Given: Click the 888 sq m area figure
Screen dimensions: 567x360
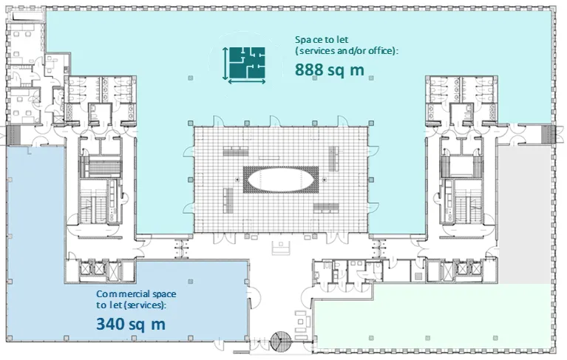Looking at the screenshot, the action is tap(330, 69).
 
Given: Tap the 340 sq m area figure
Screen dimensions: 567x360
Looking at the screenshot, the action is tap(131, 324).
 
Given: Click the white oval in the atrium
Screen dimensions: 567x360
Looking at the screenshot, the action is tap(281, 180).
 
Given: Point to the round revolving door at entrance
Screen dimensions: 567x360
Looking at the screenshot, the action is tap(281, 342).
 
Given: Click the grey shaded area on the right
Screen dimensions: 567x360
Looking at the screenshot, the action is tap(525, 214).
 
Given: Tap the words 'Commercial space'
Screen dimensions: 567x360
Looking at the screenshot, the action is tap(136, 294).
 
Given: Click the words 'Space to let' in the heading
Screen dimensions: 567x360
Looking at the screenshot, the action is tap(322, 39).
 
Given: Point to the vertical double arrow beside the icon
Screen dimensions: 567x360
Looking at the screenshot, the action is tap(225, 64).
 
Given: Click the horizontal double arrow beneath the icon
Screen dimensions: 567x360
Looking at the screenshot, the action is tap(247, 82).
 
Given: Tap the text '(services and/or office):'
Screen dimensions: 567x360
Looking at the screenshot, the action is tap(347, 51).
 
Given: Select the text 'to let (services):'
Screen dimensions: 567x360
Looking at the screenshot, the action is tap(132, 305).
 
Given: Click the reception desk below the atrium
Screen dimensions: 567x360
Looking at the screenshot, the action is tap(281, 248).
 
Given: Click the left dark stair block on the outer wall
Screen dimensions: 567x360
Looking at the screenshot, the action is tap(13, 135).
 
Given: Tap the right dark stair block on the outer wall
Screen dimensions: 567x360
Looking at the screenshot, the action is tap(548, 135).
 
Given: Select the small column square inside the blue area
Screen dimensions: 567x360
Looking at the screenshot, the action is tap(191, 282).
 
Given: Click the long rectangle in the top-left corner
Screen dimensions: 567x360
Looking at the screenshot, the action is tap(27, 16).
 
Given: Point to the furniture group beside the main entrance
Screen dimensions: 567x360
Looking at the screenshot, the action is tap(302, 325).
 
